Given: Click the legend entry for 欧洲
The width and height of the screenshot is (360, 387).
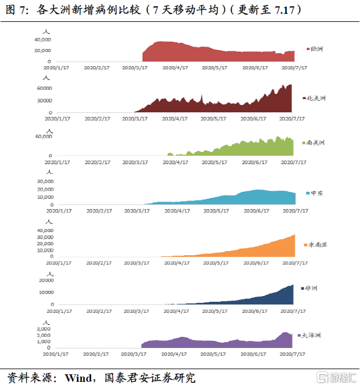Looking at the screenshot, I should click(x=314, y=50).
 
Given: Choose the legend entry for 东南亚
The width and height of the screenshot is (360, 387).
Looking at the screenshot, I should click(x=316, y=245).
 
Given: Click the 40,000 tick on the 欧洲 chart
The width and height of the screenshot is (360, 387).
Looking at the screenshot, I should click(x=43, y=40).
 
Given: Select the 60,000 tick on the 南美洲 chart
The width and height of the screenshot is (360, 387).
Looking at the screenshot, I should click(x=44, y=137).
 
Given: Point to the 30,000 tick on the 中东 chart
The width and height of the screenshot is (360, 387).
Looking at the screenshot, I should click(x=44, y=181).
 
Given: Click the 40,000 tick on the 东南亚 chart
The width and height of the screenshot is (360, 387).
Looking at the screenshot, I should click(x=44, y=231).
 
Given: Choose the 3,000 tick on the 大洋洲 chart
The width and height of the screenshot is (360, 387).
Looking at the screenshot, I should click(x=47, y=328).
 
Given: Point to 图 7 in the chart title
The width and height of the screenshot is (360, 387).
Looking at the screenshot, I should click(x=14, y=10).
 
